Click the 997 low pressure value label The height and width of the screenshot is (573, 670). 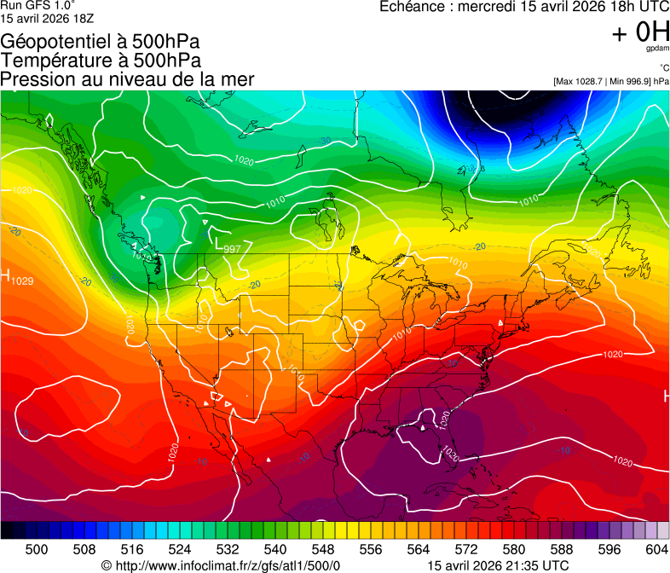point(233,249)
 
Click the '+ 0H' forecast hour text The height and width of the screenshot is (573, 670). point(640,33)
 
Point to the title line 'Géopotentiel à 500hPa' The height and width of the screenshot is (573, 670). point(101,42)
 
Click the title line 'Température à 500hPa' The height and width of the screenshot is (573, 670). point(101,61)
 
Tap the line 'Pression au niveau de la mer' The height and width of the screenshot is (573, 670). point(127,79)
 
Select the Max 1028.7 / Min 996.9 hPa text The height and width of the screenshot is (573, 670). point(610,81)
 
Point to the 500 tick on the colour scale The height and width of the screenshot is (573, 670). point(37,548)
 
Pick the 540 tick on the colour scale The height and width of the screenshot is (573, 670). point(275,548)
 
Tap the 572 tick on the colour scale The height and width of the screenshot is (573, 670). point(466,548)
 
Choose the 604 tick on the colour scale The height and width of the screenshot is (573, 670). point(657,548)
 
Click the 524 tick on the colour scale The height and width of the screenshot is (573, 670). point(180,548)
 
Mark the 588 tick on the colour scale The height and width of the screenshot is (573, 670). point(562,548)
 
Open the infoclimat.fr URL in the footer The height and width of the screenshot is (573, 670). point(221,565)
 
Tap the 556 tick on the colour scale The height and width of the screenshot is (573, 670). point(371,548)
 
